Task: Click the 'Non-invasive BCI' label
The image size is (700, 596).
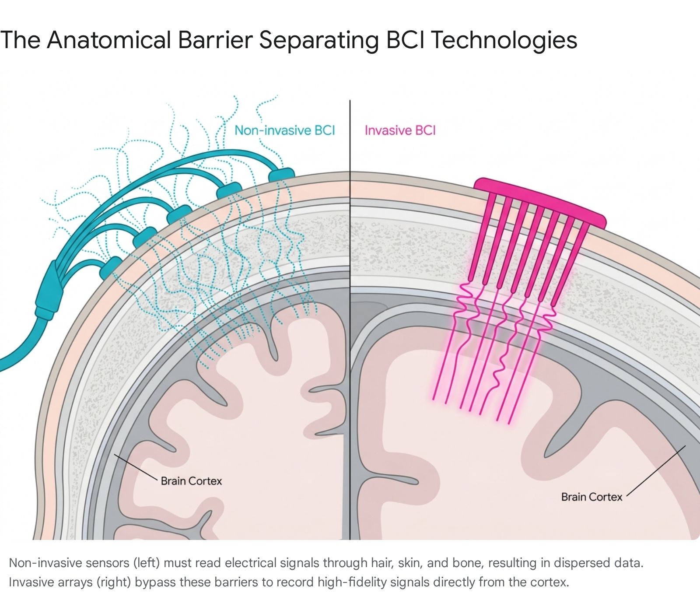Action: (285, 130)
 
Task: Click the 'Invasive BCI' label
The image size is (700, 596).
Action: (400, 130)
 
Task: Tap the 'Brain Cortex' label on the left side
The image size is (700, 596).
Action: (191, 481)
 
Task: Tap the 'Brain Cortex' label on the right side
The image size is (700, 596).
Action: (591, 497)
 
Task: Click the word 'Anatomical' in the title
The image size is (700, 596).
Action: (109, 40)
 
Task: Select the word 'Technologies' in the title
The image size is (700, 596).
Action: (504, 41)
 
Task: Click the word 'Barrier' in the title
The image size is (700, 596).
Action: (215, 40)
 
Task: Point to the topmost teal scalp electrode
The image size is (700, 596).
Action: (281, 174)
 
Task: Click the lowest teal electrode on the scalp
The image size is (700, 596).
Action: (112, 268)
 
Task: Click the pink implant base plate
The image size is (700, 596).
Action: (541, 202)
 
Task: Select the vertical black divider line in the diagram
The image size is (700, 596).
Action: (350, 319)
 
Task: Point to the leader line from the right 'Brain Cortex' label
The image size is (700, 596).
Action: (656, 471)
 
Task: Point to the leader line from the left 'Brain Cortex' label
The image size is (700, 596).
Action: (136, 467)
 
